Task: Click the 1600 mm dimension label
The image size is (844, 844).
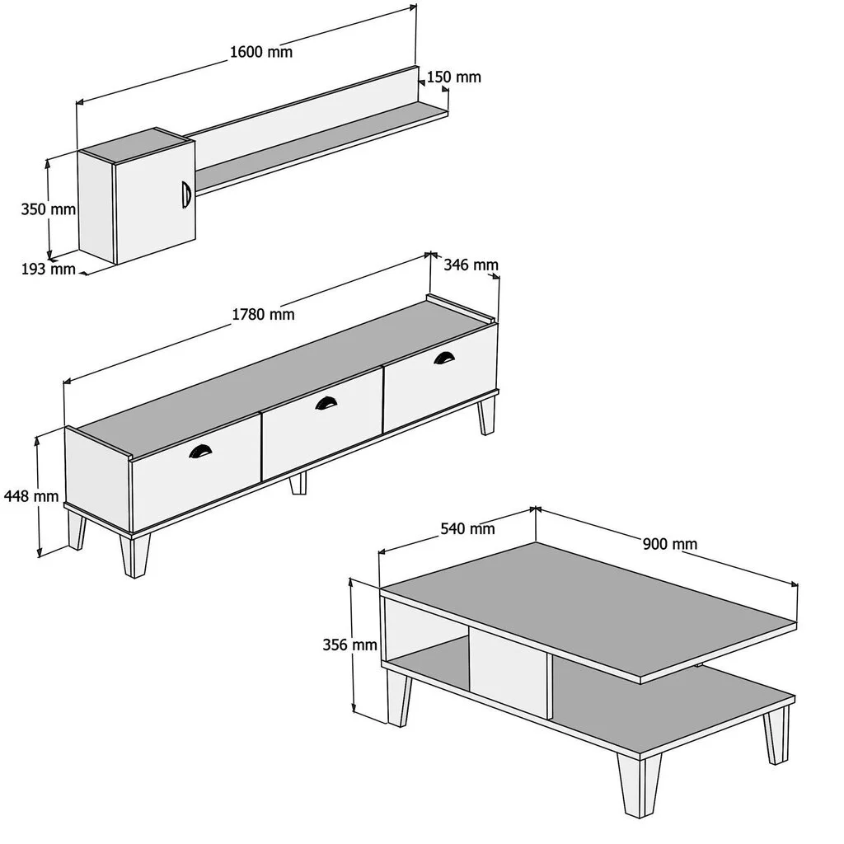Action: [x=261, y=52]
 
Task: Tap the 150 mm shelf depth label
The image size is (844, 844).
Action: [x=454, y=77]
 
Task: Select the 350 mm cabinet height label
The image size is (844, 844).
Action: [x=49, y=209]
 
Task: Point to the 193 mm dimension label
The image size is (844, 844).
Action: [x=49, y=268]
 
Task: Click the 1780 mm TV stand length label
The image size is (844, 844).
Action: [x=263, y=314]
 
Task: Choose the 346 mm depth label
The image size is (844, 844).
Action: [x=471, y=265]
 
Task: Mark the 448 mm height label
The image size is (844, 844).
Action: [x=31, y=495]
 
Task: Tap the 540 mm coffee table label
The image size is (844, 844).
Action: [x=468, y=528]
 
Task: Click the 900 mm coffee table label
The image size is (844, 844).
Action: [x=670, y=544]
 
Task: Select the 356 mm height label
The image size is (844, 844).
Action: [x=349, y=645]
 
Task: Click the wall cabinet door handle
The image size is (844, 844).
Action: [x=186, y=195]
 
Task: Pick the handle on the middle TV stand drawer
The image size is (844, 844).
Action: [x=326, y=402]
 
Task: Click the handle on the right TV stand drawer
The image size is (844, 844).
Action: [x=444, y=358]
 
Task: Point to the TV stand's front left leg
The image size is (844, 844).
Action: [x=134, y=556]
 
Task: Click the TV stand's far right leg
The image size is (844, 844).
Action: [x=486, y=415]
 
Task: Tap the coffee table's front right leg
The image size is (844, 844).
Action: [x=639, y=785]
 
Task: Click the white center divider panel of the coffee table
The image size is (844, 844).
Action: [x=508, y=671]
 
